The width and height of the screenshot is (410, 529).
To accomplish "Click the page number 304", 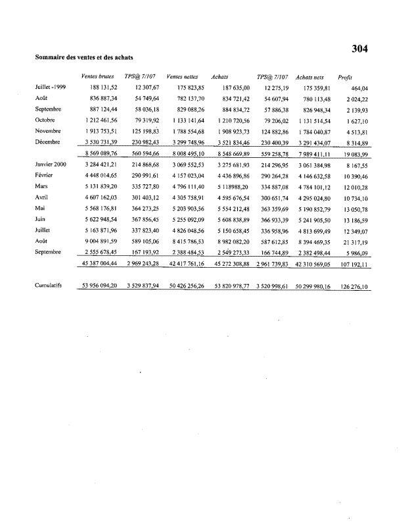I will pos(359,48).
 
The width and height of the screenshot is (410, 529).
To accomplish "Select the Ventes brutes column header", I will pos(97,76).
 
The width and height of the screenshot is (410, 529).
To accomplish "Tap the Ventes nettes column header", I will pos(183,76).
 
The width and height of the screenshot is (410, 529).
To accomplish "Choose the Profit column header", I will pos(346,76).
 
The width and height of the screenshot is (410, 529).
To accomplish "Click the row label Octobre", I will pos(45,120).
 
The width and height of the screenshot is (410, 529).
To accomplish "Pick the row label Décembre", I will pos(47,141).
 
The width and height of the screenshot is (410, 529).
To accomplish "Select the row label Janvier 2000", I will pos(51,163).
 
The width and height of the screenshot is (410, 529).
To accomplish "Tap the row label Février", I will pos(44,174).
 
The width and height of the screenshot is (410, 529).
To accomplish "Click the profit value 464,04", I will pos(359,88).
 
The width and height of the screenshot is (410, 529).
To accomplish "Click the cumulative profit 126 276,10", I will pos(352,287).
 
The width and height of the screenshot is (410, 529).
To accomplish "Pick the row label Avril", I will pos(41,195).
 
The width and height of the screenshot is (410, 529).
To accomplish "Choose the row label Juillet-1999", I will pos(51,87).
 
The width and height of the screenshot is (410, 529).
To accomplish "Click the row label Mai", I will pos(40,206).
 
